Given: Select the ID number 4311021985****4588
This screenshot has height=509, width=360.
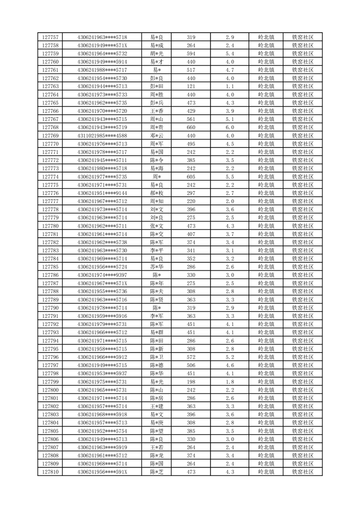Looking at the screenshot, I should click(x=102, y=136).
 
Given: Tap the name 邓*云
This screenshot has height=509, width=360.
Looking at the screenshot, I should click(x=157, y=136).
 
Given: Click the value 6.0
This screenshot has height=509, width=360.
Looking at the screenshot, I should click(x=229, y=127).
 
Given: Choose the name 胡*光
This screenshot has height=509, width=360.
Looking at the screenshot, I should click(x=157, y=54).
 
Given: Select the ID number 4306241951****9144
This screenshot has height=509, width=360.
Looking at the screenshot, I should click(x=102, y=193).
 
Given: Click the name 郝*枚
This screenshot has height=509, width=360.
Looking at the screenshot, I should click(x=157, y=193).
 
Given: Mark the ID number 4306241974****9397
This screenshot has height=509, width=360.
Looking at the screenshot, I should click(x=102, y=275).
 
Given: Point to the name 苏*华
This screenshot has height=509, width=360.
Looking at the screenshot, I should click(x=157, y=267).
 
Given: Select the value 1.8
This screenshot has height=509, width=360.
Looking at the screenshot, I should click(x=229, y=382).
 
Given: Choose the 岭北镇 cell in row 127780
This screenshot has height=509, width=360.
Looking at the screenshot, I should click(x=266, y=226).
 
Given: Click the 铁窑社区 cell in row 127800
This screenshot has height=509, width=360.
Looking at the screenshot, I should click(x=303, y=390).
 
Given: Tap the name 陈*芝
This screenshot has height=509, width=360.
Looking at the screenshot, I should click(x=157, y=472).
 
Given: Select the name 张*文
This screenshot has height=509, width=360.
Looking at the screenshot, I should click(x=157, y=226).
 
